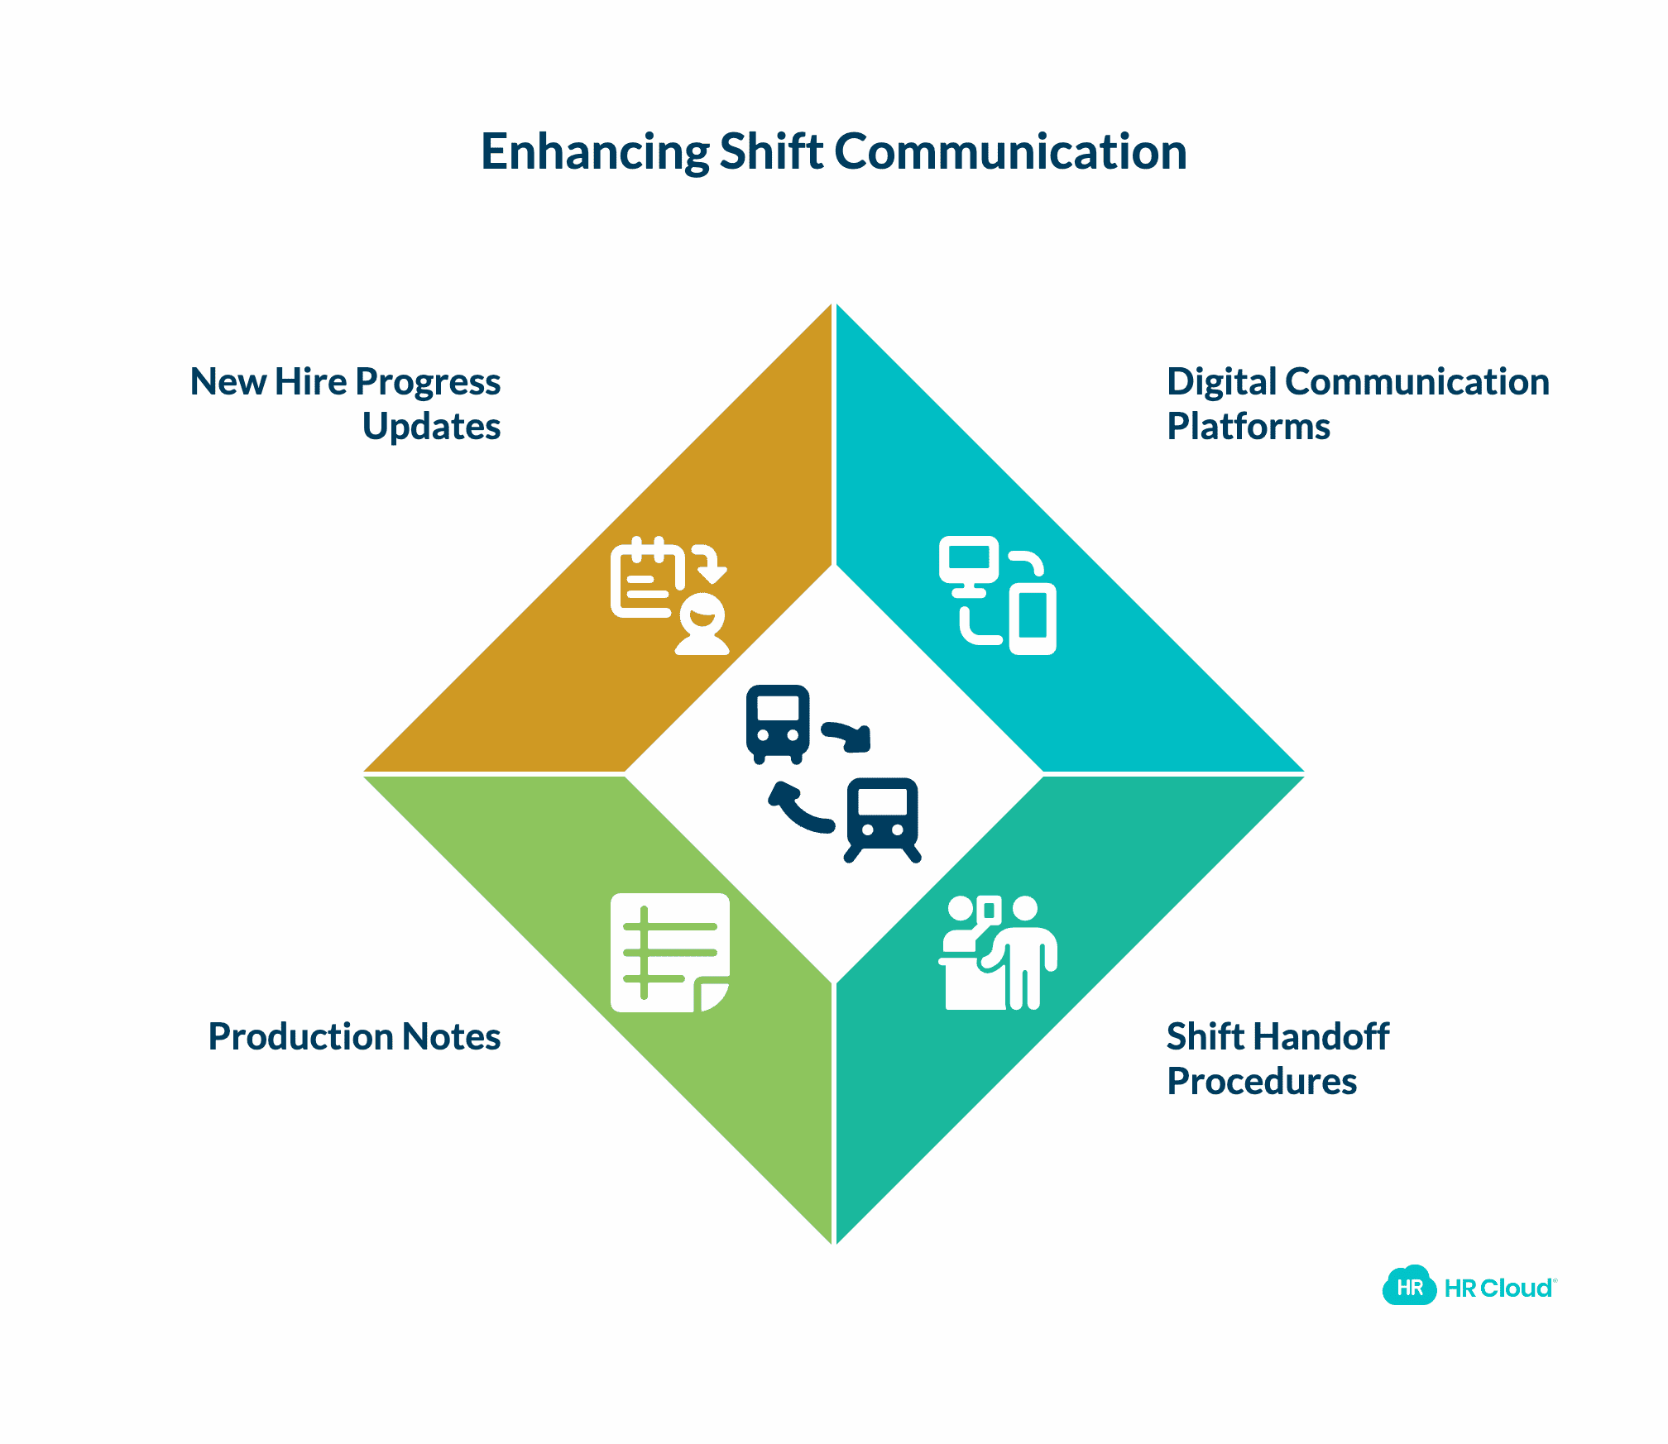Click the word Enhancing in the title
pyautogui.click(x=594, y=152)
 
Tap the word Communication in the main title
pyautogui.click(x=1010, y=152)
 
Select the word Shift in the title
pyautogui.click(x=771, y=152)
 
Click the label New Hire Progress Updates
pyautogui.click(x=346, y=404)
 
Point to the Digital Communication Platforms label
pyautogui.click(x=1357, y=404)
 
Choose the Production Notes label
pyautogui.click(x=354, y=1036)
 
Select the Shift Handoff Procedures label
pyautogui.click(x=1277, y=1059)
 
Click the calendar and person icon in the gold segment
pyautogui.click(x=669, y=595)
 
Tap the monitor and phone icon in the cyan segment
pyautogui.click(x=998, y=595)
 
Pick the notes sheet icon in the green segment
pyautogui.click(x=669, y=952)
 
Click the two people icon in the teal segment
pyautogui.click(x=998, y=953)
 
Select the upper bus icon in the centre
pyautogui.click(x=777, y=723)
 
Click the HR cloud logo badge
pyautogui.click(x=1409, y=1286)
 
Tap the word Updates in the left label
pyautogui.click(x=431, y=427)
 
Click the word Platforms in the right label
pyautogui.click(x=1248, y=427)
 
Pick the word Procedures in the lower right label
pyautogui.click(x=1261, y=1082)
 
